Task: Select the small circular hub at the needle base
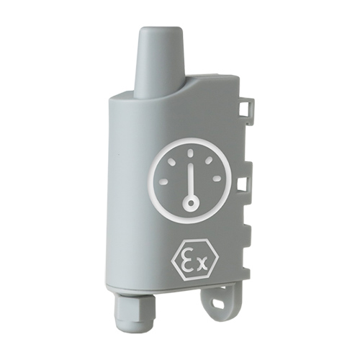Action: [190, 204]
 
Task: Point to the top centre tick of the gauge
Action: [192, 153]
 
